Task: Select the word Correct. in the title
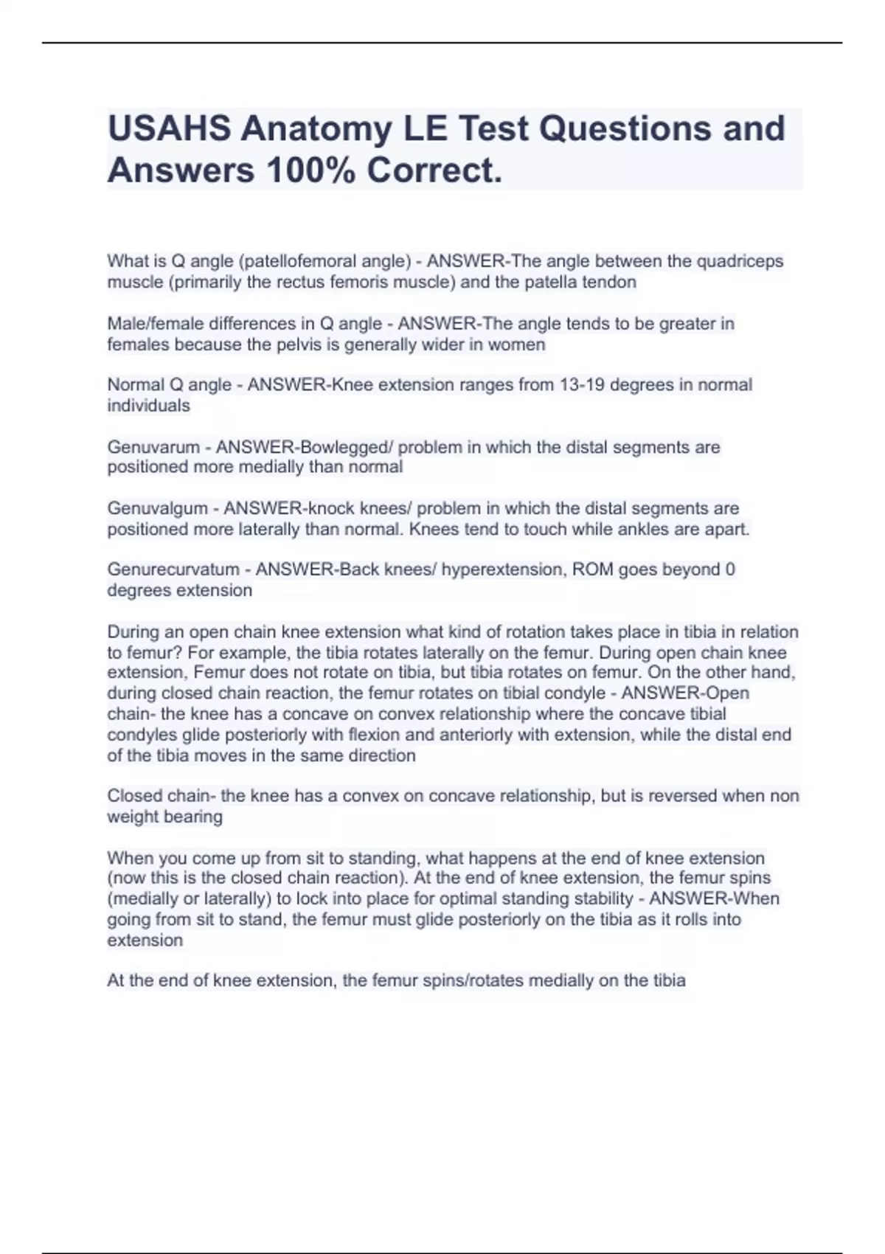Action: click(434, 170)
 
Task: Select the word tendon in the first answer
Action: click(608, 282)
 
